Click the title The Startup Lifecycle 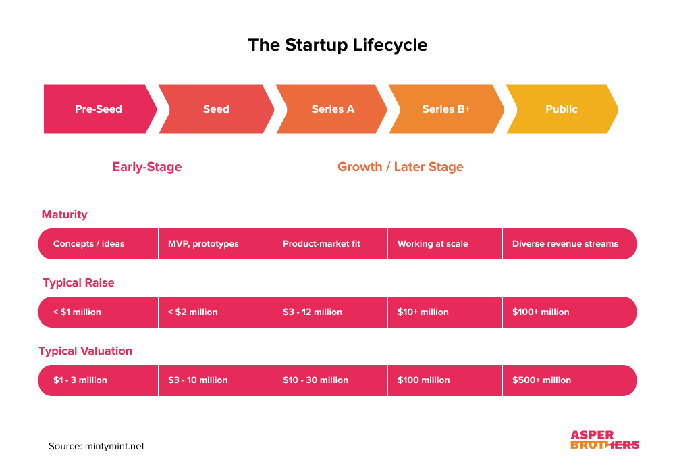tap(337, 45)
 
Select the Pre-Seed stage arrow tap(99, 109)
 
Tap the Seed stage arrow tap(216, 109)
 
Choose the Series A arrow tap(333, 109)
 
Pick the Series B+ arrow tap(446, 109)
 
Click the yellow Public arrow tap(562, 109)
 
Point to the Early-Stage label tap(147, 167)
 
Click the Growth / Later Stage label tap(400, 167)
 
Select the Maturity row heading tap(65, 215)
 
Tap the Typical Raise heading tap(78, 283)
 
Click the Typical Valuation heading tap(85, 351)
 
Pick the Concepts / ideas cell tap(99, 244)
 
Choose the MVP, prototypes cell tap(215, 244)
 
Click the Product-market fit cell tap(330, 244)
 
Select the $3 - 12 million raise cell tap(330, 312)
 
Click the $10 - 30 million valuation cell tap(330, 380)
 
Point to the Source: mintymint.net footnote tap(97, 447)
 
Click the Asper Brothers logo tap(604, 440)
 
